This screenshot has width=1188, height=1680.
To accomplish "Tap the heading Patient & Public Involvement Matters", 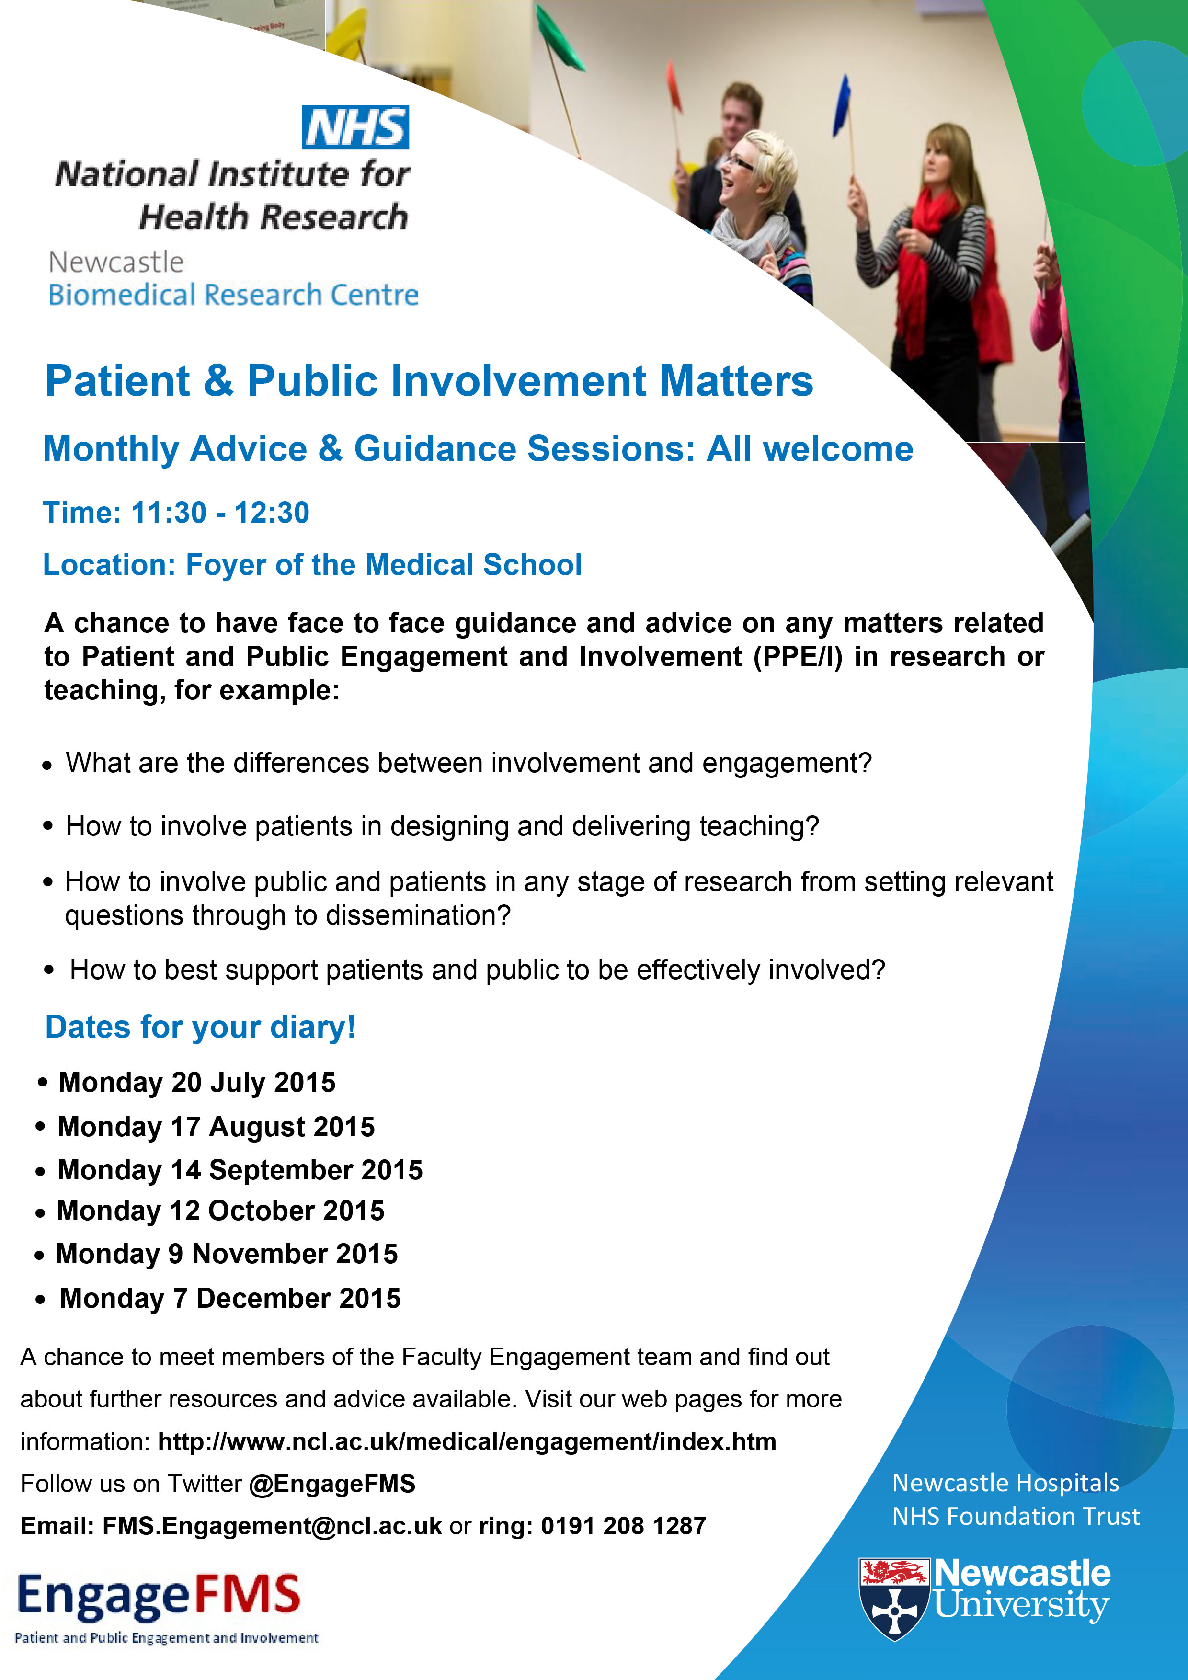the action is (x=429, y=381).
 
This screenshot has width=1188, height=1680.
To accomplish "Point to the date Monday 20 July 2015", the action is (x=197, y=1082).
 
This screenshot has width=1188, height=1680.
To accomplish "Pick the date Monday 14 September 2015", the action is (x=240, y=1170).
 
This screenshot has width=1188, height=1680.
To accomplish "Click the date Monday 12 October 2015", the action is (x=220, y=1211).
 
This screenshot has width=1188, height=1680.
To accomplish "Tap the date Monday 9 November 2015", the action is (x=227, y=1254).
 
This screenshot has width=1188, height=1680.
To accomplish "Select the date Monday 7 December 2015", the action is (x=230, y=1298).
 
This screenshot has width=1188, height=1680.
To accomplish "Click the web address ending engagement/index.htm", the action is (x=467, y=1441).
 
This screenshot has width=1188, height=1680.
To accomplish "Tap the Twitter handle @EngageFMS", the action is (x=332, y=1484).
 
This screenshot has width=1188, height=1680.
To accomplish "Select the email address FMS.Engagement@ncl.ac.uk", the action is (x=272, y=1526).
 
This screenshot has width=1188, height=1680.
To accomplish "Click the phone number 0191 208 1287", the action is (x=623, y=1526).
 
